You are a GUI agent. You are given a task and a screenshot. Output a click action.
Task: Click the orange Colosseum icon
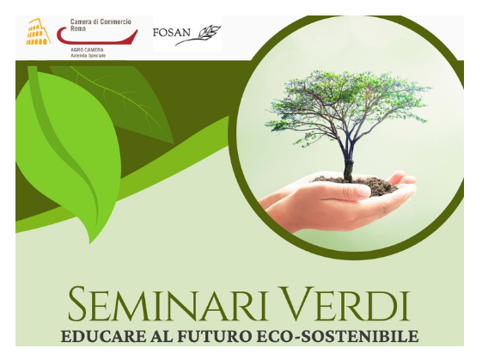click(38, 32)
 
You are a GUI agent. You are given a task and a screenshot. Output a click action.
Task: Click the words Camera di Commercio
click(101, 21)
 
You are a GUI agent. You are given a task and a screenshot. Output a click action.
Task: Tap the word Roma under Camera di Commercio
click(78, 29)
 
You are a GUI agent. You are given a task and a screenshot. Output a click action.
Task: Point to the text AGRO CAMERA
click(87, 50)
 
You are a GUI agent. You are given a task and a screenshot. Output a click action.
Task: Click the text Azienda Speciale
click(88, 56)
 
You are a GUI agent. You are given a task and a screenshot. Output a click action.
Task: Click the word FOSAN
click(172, 33)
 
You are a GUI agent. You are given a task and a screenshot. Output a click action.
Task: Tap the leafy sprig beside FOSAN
click(198, 35)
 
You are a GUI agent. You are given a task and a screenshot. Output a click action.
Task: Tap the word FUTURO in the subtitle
click(214, 336)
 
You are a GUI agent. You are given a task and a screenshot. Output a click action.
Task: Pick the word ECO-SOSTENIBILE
click(337, 336)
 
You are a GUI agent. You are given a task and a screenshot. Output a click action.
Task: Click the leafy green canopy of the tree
click(347, 101)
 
